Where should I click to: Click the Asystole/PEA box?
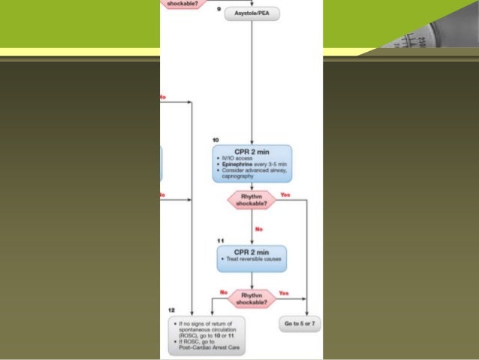pyautogui.click(x=252, y=14)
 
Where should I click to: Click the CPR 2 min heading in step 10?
pyautogui.click(x=252, y=151)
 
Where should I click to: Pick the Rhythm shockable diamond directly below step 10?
pyautogui.click(x=252, y=199)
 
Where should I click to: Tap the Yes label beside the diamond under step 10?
pyautogui.click(x=285, y=195)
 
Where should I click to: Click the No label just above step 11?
pyautogui.click(x=259, y=228)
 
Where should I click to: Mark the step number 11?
pyautogui.click(x=220, y=241)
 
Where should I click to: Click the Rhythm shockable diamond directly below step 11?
pyautogui.click(x=252, y=298)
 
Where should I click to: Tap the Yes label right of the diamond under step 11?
pyautogui.click(x=284, y=292)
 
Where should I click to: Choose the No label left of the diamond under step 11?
pyautogui.click(x=223, y=292)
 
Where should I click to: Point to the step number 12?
pyautogui.click(x=172, y=310)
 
